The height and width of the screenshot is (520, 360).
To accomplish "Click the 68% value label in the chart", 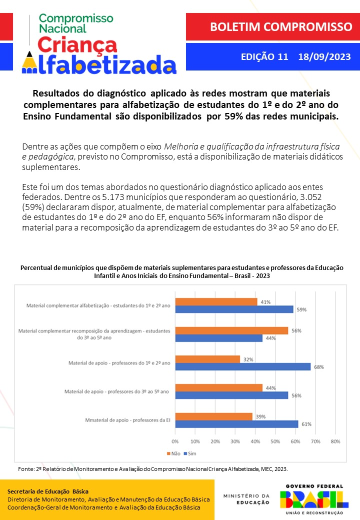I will coord(319,367).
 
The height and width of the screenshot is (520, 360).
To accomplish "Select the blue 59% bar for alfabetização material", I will coord(234,309).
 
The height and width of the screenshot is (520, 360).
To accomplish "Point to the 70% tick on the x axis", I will coord(315,441).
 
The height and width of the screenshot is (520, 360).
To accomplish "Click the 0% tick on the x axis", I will coord(175,441).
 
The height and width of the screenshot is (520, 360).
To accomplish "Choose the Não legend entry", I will coord(173,453).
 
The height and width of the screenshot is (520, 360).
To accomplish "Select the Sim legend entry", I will coord(189,453).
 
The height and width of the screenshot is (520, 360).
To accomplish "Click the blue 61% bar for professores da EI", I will coord(236,424).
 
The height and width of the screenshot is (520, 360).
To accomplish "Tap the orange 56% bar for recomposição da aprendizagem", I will coord(231,330).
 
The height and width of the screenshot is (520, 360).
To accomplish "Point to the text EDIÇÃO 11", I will coord(264,56).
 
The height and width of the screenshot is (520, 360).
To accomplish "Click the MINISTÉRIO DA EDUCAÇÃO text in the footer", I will coord(246,499).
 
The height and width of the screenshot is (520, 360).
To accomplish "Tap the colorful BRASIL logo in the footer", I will coord(314,498).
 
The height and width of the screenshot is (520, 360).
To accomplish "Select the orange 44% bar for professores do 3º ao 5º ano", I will coord(218,387).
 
